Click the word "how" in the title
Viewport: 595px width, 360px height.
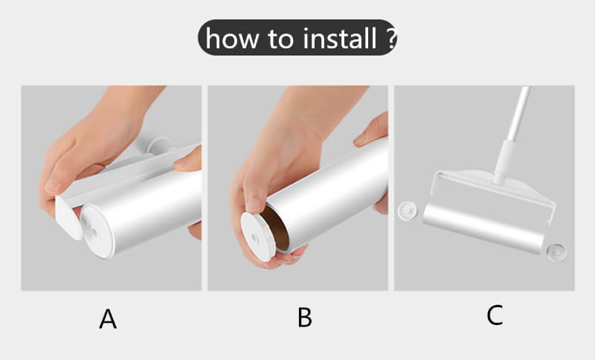tap(232, 39)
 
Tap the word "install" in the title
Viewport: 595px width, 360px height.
tap(340, 39)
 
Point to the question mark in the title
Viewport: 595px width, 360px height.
tap(392, 39)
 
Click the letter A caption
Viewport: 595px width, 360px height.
tap(108, 319)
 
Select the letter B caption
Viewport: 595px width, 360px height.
tap(305, 317)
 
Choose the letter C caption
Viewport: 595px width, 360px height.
tap(495, 315)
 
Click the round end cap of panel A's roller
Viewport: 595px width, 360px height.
tap(97, 231)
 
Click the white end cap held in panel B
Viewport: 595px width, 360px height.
tap(258, 237)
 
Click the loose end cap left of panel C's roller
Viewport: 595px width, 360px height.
tap(407, 210)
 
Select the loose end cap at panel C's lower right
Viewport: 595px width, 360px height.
tap(556, 252)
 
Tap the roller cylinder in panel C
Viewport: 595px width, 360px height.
tap(483, 228)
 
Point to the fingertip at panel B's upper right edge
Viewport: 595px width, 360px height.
tap(370, 131)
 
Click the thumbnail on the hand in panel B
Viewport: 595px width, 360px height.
tap(252, 205)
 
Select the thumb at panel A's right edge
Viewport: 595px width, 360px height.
tap(188, 159)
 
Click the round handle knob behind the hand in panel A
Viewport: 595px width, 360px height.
tap(159, 145)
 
